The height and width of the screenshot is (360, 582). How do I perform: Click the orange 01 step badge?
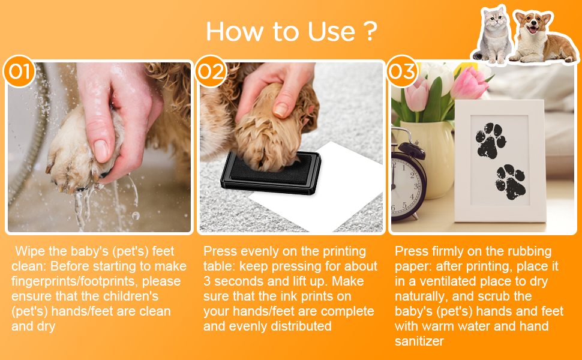(19, 71)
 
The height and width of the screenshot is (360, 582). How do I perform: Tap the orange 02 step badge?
(211, 71)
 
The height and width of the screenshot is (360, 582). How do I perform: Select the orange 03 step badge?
(403, 71)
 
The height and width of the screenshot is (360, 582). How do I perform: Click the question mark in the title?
(370, 31)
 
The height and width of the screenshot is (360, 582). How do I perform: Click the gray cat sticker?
(493, 35)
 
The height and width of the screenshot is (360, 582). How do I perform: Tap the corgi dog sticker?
(544, 37)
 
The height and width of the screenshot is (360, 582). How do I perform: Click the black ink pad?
(271, 173)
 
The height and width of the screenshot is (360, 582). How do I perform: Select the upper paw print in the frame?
(490, 141)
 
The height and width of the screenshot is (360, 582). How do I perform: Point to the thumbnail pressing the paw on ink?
(280, 110)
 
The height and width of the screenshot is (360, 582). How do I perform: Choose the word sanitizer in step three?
(419, 341)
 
